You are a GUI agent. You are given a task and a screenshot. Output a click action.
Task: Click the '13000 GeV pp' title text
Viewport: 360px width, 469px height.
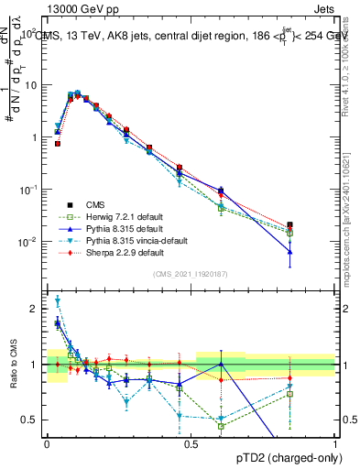pos(76,7)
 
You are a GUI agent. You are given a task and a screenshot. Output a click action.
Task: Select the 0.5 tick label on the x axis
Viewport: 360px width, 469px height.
pos(191,442)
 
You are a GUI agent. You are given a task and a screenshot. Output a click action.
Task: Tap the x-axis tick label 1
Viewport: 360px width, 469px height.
pos(335,442)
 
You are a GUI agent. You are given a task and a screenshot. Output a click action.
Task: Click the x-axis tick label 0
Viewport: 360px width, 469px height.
pos(47,442)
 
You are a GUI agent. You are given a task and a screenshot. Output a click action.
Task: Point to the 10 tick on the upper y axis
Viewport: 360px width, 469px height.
pos(30,85)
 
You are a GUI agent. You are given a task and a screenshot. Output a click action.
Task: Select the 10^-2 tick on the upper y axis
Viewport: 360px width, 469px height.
pos(27,242)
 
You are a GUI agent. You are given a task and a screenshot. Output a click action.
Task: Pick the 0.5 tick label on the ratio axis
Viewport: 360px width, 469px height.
pos(31,420)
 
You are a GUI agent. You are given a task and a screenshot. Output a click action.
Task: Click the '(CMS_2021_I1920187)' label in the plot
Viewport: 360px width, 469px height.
pos(190,274)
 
